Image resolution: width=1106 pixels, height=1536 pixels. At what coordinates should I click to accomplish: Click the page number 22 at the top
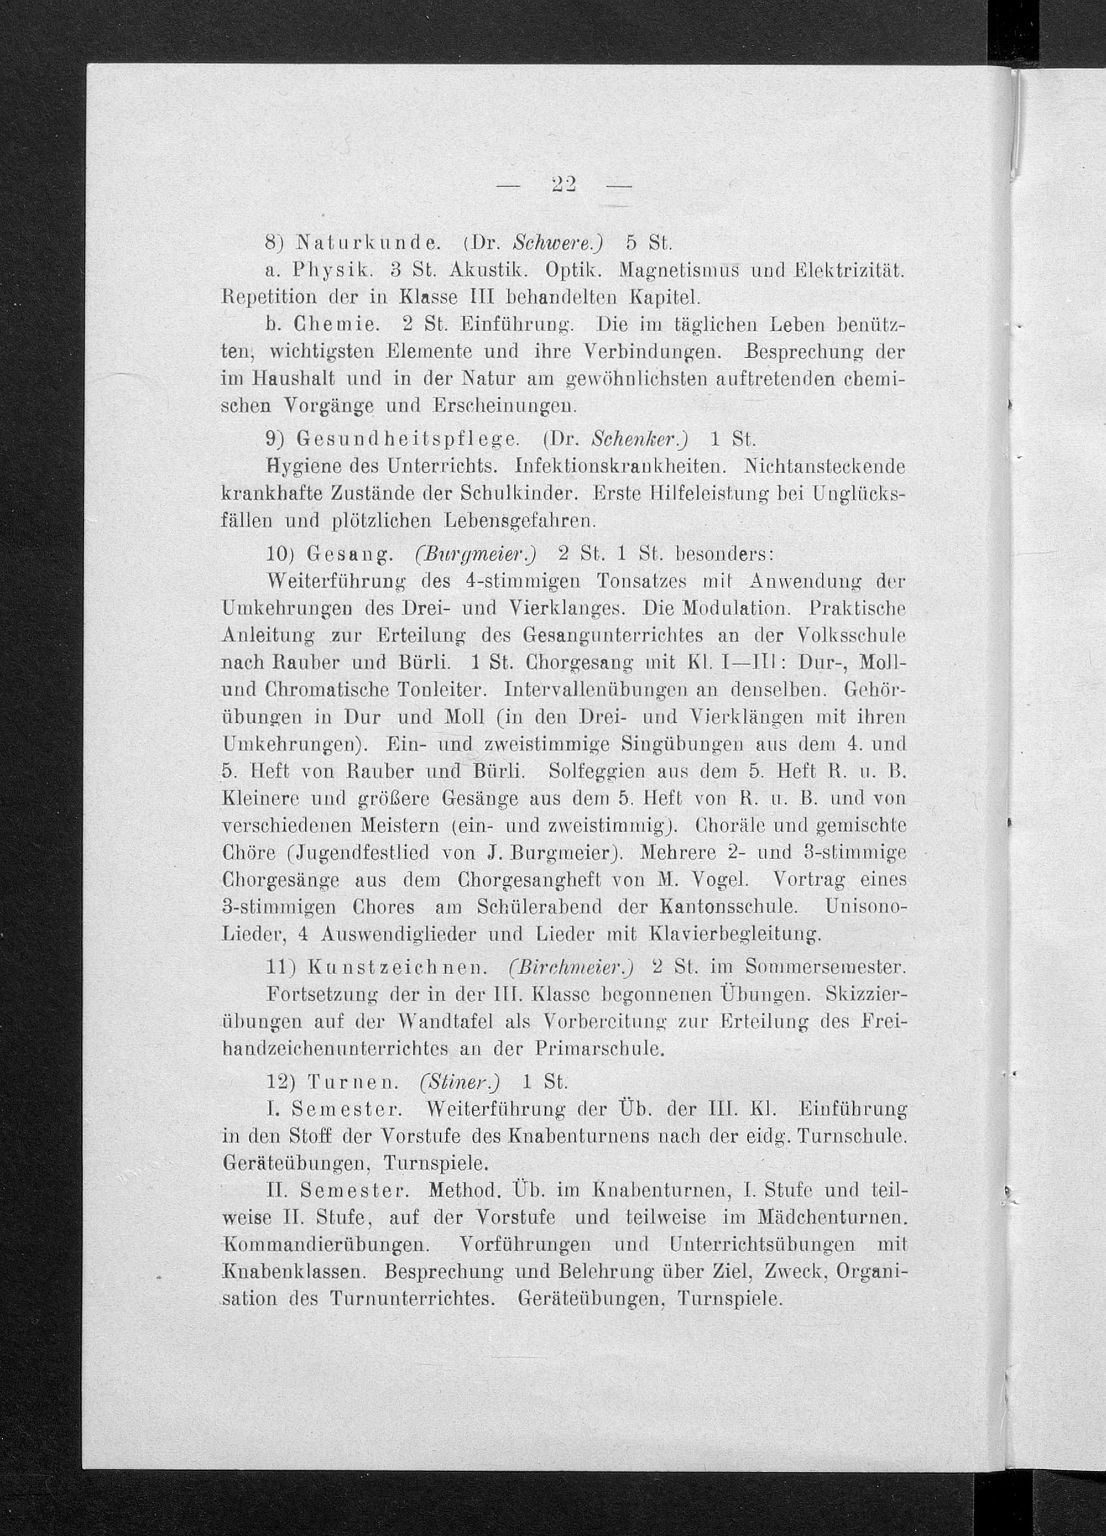click(563, 185)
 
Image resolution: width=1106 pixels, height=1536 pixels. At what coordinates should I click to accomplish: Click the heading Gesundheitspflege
click(408, 440)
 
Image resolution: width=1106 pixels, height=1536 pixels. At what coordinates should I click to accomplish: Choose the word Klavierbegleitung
click(735, 934)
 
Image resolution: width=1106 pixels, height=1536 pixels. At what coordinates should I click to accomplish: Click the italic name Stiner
click(460, 1082)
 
